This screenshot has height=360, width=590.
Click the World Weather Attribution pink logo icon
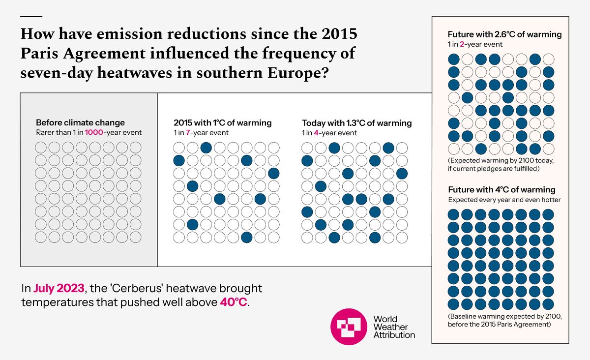349,327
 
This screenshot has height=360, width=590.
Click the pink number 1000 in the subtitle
94,132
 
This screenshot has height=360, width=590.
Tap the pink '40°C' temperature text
234,301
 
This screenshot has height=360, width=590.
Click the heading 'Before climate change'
81,122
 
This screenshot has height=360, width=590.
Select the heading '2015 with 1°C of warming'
222,122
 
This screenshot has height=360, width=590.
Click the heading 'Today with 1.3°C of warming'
356,122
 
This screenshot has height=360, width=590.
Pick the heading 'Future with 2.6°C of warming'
504,34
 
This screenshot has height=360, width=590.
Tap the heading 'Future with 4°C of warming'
501,189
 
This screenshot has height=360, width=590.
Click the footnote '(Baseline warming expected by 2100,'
505,317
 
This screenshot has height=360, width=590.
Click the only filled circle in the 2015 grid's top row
206,147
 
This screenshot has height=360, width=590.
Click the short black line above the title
32,16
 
